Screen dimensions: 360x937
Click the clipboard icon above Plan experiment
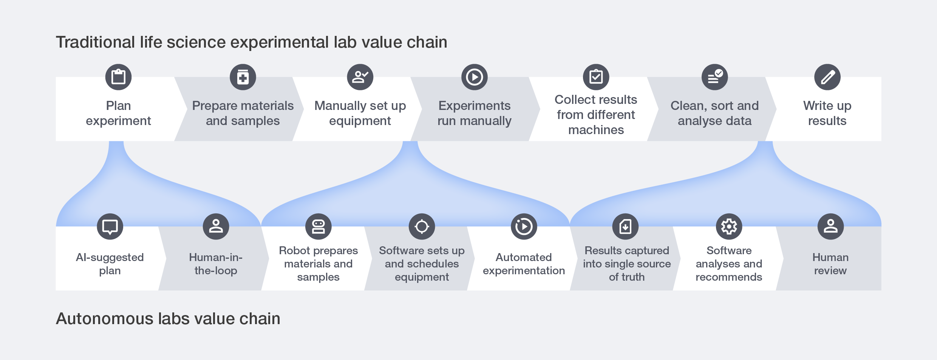point(118,77)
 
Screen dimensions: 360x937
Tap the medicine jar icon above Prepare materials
point(243,77)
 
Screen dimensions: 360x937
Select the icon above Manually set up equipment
point(360,77)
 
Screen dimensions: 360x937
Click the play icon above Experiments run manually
point(475,77)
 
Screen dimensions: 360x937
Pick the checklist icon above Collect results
point(596,77)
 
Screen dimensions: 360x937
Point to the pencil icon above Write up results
point(827,77)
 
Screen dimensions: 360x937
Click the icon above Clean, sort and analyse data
point(714,77)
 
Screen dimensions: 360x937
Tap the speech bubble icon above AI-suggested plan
point(110,227)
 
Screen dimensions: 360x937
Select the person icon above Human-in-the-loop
point(216,227)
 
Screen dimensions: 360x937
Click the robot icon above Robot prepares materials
point(319,227)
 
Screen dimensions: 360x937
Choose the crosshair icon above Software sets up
point(422,227)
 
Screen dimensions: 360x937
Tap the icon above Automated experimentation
point(524,227)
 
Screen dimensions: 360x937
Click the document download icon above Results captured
point(626,227)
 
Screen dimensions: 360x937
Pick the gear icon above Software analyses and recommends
point(729,227)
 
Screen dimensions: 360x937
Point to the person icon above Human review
point(830,227)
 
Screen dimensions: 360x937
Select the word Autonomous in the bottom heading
point(104,319)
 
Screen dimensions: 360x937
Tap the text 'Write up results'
point(827,113)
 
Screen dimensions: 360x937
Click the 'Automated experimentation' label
point(524,264)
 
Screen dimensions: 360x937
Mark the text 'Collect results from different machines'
point(596,115)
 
